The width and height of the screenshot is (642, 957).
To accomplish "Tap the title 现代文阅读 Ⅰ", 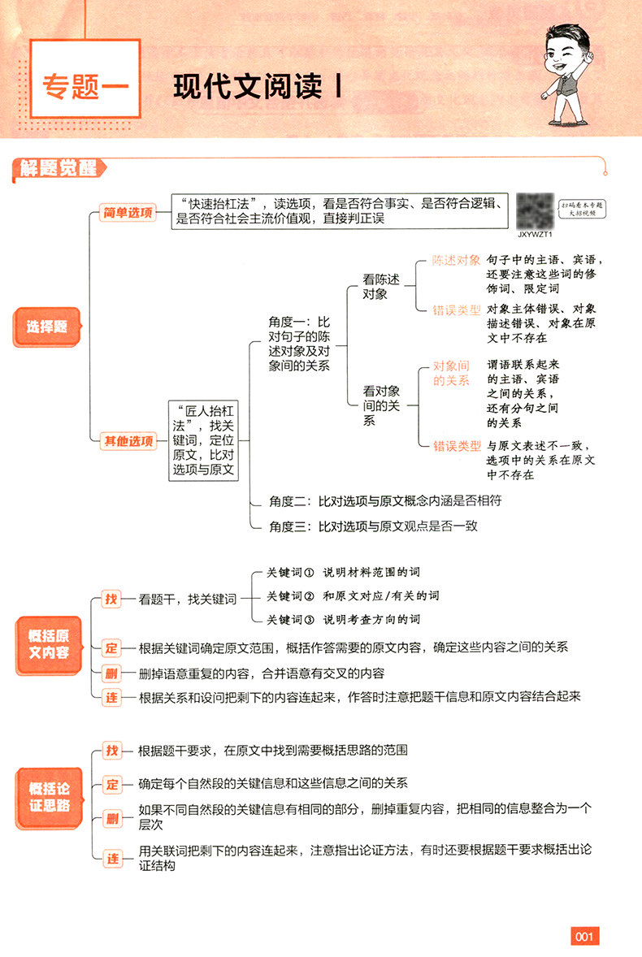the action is pos(257,87).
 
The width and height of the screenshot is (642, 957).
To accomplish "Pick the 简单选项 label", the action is pos(127,213).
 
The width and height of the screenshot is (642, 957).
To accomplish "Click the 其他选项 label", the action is pos(127,441).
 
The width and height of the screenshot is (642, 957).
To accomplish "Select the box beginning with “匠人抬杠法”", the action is pos(204,440).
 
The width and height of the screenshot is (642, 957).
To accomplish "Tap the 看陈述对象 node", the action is pos(381,286).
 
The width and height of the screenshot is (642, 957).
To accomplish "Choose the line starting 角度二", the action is pos(385,501).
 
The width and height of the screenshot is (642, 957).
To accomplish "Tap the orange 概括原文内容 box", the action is pos(49,646).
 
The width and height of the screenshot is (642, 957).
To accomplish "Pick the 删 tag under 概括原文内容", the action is pos(111,673).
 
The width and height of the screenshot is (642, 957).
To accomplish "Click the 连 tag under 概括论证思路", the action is pos(111,856).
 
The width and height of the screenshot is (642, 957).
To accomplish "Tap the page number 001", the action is pos(585,937).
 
